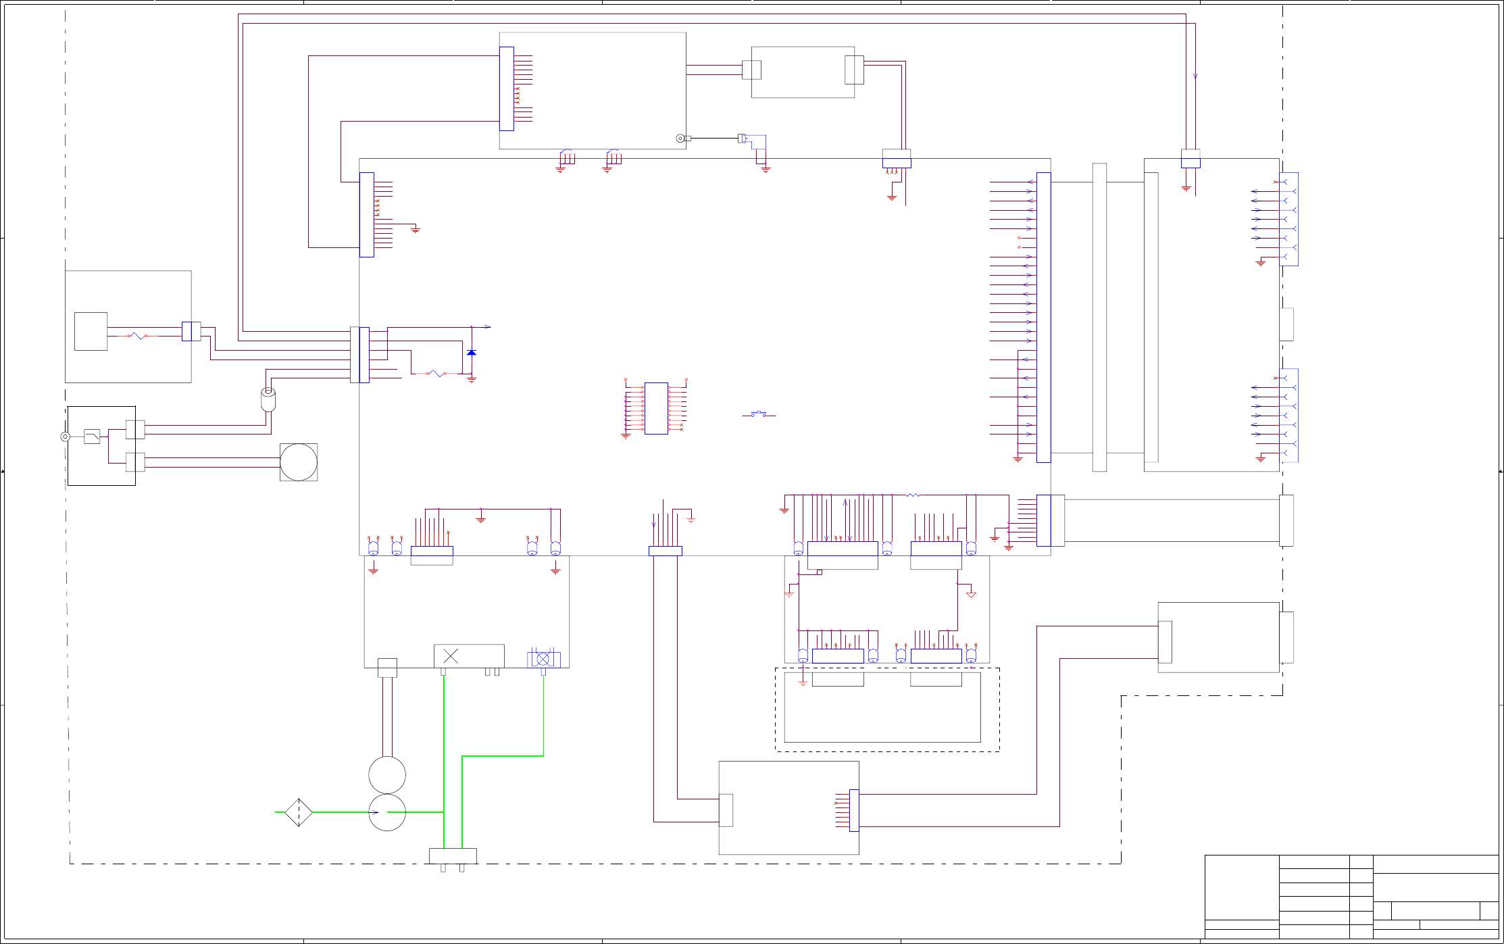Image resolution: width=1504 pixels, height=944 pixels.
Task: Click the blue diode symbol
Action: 472,353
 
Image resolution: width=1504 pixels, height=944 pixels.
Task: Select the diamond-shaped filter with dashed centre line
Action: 298,812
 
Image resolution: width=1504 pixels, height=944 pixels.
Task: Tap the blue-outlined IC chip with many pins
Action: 656,408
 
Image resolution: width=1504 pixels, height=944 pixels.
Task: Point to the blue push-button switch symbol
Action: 759,414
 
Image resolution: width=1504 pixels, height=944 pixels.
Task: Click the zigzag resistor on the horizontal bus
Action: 913,495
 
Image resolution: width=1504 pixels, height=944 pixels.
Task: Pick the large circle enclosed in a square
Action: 299,462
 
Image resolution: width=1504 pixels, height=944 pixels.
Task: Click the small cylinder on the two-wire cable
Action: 268,399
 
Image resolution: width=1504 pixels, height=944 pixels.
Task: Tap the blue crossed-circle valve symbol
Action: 543,659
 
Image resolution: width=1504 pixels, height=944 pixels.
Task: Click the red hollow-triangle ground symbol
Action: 971,595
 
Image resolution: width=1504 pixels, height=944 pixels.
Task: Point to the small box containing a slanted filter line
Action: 92,437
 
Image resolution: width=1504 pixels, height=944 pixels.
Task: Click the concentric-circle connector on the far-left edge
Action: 66,437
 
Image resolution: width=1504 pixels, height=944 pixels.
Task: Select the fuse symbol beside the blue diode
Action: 436,373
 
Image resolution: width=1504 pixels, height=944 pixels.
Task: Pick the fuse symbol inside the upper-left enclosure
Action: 137,336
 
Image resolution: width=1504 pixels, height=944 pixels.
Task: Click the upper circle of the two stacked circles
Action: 387,775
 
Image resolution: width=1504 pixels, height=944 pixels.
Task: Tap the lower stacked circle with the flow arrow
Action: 387,812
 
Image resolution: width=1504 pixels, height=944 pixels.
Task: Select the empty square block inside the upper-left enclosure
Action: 91,331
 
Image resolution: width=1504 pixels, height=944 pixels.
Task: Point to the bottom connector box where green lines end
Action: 453,856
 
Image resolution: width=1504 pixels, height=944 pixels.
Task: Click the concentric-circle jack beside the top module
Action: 680,139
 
